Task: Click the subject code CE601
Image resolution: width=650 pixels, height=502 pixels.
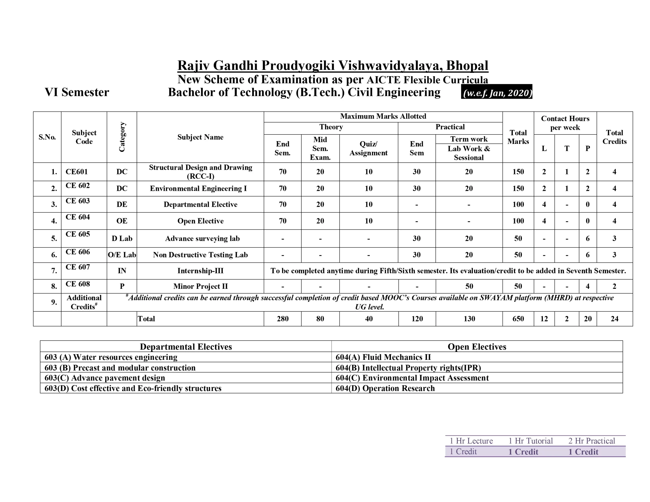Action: pos(76,172)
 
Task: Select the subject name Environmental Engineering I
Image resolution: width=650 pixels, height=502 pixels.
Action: pos(198,188)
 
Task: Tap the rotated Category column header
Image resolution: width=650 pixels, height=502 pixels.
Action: pos(122,137)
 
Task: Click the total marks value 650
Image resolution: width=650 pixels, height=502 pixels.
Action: pos(518,319)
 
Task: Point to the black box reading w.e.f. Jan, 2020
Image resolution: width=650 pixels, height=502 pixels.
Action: pos(496,93)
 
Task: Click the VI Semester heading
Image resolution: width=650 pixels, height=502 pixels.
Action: pos(77,92)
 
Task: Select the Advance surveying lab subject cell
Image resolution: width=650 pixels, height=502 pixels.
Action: pos(202,238)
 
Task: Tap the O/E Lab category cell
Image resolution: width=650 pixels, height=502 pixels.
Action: pos(122,255)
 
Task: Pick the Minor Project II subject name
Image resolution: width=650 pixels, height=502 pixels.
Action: pos(200,286)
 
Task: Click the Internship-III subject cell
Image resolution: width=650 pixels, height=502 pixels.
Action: pos(200,271)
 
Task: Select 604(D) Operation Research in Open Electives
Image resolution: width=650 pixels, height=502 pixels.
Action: pos(385,388)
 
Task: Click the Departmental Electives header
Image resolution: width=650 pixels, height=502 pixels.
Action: pos(186,347)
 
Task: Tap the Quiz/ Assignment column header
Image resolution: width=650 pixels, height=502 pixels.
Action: pos(368,148)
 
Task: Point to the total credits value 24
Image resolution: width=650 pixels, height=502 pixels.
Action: pos(614,319)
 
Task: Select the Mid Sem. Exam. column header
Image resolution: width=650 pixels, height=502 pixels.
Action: pos(320,148)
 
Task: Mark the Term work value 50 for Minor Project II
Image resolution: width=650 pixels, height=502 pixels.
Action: pos(469,286)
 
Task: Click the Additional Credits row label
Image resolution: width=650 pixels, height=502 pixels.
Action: pos(84,302)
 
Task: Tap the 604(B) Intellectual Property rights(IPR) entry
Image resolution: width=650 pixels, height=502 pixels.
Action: pos(408,368)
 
